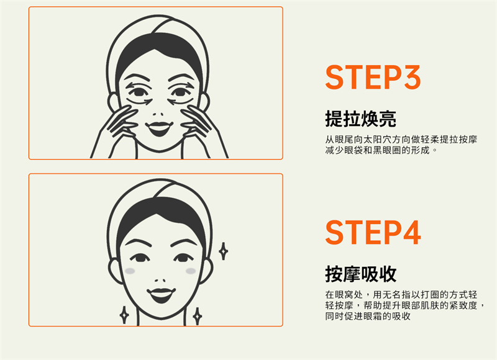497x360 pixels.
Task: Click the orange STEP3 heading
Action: point(373,77)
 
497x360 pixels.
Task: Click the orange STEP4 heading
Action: point(373,232)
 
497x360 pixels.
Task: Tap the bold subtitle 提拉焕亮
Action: point(361,119)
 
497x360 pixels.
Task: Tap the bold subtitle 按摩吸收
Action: point(361,274)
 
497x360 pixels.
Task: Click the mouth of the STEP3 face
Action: point(159,128)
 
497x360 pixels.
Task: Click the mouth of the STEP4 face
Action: point(161,294)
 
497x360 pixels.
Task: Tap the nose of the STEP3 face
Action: point(158,114)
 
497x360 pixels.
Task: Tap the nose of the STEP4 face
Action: point(160,280)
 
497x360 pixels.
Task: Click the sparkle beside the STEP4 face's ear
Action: point(224,251)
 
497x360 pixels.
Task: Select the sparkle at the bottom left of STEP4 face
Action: point(124,315)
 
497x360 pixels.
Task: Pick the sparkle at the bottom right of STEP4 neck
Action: point(197,316)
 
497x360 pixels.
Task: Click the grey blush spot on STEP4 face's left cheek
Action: point(130,271)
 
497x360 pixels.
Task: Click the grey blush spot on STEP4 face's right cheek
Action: point(191,271)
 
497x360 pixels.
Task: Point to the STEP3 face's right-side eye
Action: point(180,92)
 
